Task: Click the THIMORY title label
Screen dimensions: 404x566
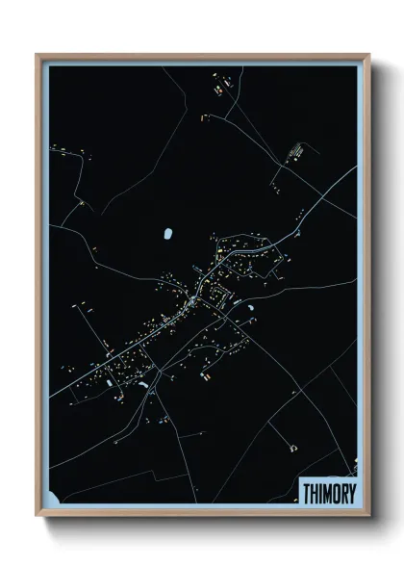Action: pyautogui.click(x=329, y=493)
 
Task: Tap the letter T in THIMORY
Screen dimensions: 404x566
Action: pyautogui.click(x=307, y=493)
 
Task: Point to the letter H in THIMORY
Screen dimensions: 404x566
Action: pyautogui.click(x=315, y=493)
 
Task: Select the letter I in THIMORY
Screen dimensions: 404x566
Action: pyautogui.click(x=321, y=493)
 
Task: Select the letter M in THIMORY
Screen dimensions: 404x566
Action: pyautogui.click(x=328, y=493)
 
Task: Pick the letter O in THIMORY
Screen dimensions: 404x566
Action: pyautogui.click(x=337, y=493)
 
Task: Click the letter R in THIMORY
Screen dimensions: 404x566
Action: pyautogui.click(x=344, y=493)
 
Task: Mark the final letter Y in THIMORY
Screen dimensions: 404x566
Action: pyautogui.click(x=352, y=493)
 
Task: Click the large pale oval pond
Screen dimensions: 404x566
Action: pyautogui.click(x=169, y=234)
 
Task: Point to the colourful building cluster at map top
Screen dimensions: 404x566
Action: pyautogui.click(x=217, y=90)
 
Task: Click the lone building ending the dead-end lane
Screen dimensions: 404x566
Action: pyautogui.click(x=291, y=446)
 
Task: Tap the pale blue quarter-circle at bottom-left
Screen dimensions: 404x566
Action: pyautogui.click(x=52, y=499)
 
